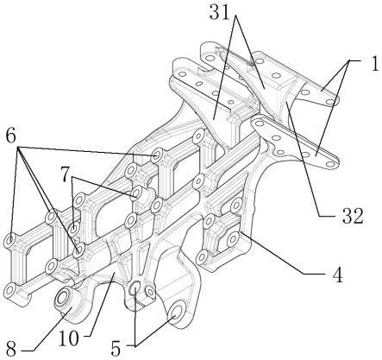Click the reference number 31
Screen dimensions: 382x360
pos(220,13)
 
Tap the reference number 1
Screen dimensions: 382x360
pos(374,65)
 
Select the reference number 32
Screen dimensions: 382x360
pos(353,216)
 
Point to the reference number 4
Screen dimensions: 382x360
pos(337,275)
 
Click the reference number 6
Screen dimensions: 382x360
pos(10,136)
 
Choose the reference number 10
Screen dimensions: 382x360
pos(69,338)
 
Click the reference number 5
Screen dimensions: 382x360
pos(116,349)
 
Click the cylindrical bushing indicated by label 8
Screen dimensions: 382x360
pos(67,302)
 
